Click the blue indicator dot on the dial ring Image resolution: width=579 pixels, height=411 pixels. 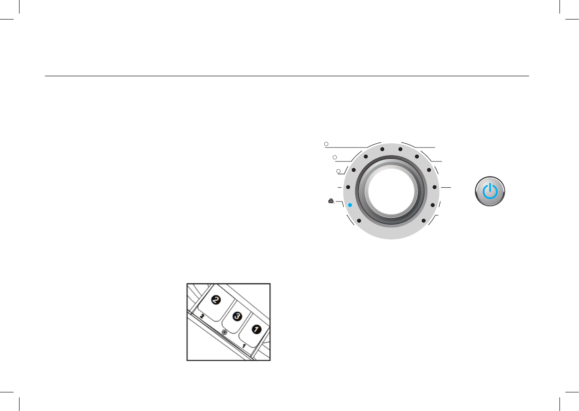[350, 205]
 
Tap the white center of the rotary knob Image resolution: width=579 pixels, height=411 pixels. [391, 191]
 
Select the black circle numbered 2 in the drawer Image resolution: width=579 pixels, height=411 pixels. [216, 300]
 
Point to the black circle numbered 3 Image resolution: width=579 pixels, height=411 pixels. [238, 316]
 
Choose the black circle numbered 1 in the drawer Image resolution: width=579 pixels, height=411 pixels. [257, 329]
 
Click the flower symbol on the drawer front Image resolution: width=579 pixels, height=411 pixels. [224, 332]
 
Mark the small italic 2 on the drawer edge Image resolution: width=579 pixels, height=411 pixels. [203, 316]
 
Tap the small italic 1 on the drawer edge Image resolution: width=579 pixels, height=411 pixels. [244, 346]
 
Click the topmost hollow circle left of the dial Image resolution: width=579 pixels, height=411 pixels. [326, 144]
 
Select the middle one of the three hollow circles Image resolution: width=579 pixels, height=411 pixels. [335, 157]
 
